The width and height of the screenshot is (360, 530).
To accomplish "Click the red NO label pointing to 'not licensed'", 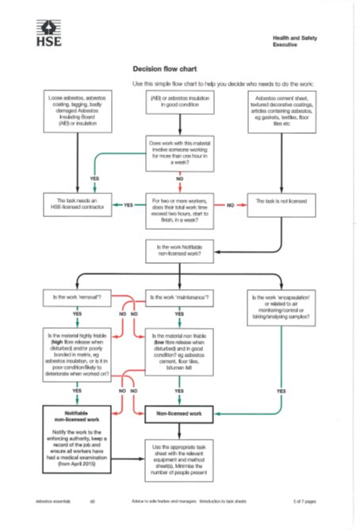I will tap(231, 205).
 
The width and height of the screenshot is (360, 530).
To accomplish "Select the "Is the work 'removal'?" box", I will tap(76, 298).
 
